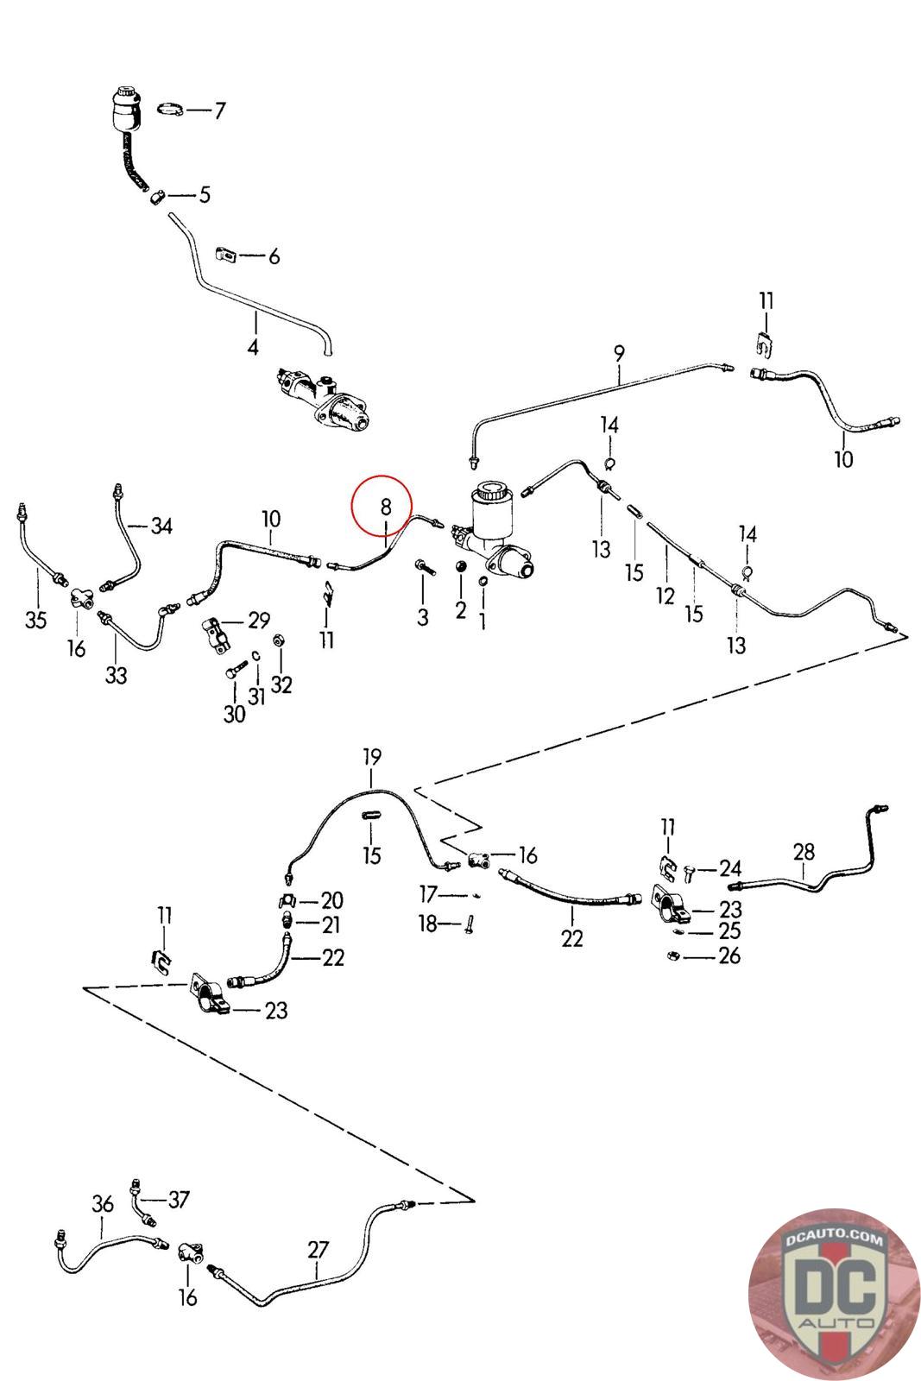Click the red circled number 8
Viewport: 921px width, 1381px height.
386,506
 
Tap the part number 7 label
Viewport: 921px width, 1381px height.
219,110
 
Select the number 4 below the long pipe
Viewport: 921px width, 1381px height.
253,347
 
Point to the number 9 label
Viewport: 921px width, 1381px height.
619,352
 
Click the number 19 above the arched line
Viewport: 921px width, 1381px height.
371,758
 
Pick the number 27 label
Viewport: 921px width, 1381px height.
319,1250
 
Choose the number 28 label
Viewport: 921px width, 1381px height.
804,853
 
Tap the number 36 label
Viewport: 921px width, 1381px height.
103,1204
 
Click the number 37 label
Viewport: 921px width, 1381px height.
179,1199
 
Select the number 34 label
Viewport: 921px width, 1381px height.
161,525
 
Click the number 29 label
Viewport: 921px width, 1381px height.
258,621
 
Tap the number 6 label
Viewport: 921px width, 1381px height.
274,256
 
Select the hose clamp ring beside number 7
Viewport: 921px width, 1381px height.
171,109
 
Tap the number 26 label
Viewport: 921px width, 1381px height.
729,955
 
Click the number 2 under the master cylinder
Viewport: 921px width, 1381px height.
460,610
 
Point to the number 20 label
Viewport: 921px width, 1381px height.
332,900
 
